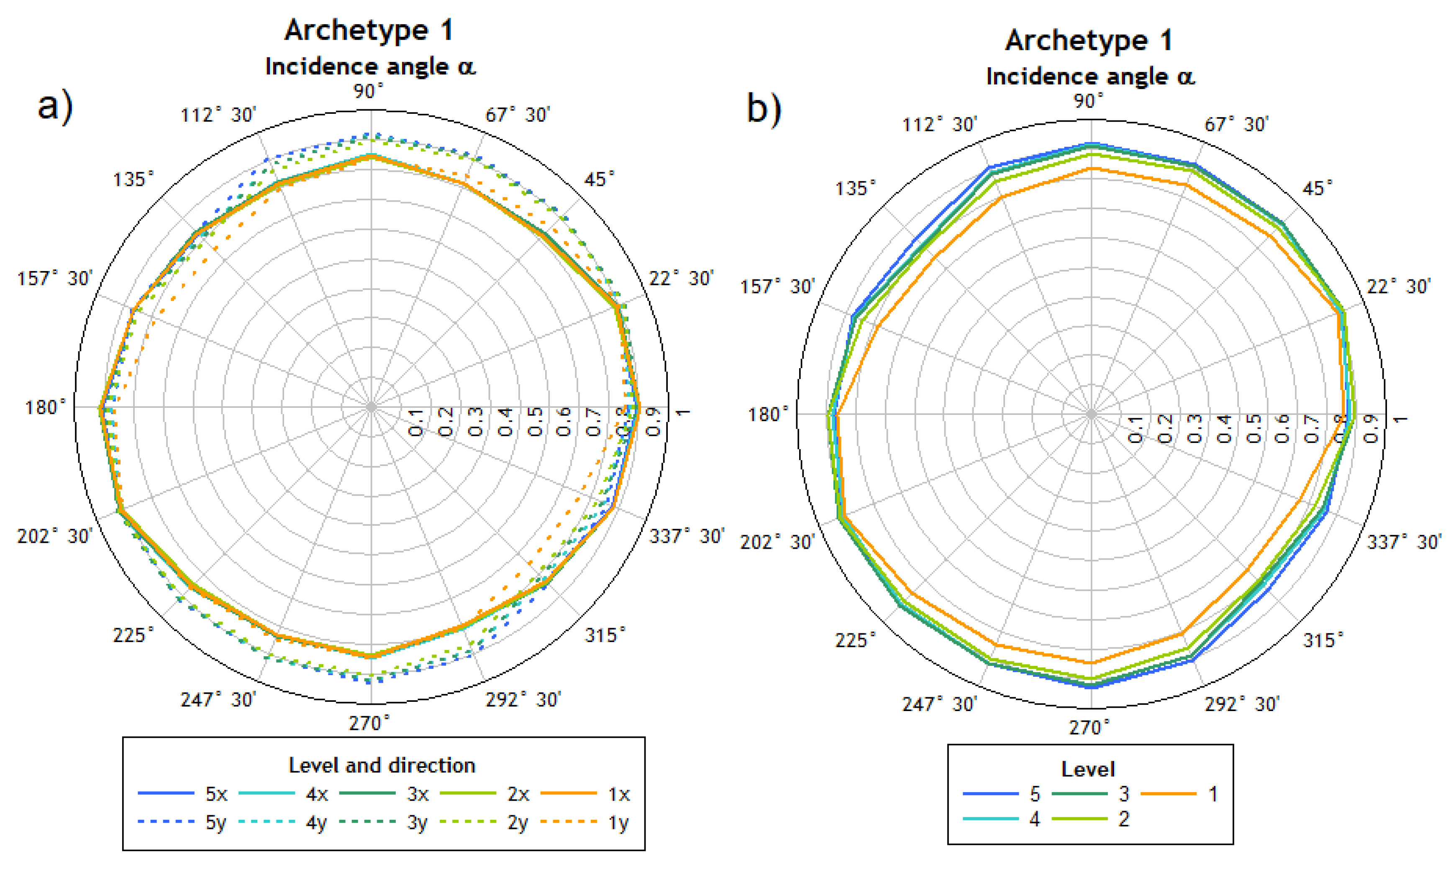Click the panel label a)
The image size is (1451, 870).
coord(54,106)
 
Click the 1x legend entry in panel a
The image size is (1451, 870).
coord(585,794)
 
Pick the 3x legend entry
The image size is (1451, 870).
coord(384,794)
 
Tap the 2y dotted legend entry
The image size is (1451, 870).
coord(484,822)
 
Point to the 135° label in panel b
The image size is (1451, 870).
coord(855,188)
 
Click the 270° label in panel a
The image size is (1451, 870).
coord(369,724)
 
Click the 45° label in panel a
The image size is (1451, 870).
coord(599,179)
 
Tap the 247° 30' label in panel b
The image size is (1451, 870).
coord(939,704)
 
